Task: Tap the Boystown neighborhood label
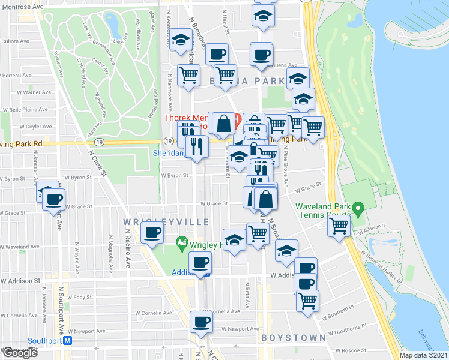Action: point(294,338)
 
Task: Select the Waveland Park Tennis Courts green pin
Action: point(359,209)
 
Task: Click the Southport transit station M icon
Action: point(68,340)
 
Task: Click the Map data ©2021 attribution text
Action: point(423,355)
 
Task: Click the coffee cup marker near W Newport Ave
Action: point(200,322)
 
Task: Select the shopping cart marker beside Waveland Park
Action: point(339,226)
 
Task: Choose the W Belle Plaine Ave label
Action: point(22,110)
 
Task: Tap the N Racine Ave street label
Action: point(128,252)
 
